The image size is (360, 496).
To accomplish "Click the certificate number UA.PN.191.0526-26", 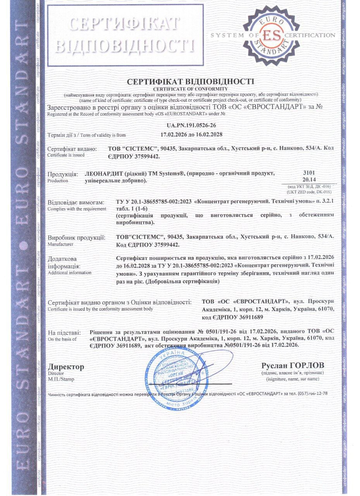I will click(x=191, y=126).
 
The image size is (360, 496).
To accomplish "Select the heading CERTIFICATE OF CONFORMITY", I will click(x=190, y=89).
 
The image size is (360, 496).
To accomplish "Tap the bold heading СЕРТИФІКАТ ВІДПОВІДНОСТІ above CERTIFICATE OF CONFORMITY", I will click(x=190, y=82).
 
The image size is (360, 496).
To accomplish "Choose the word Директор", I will click(x=65, y=367).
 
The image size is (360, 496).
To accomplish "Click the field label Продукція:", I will click(x=62, y=174).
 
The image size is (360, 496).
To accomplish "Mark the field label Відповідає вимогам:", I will click(x=76, y=202).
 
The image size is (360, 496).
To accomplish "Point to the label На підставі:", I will click(x=64, y=332).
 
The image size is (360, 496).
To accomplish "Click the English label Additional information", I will click(x=69, y=273).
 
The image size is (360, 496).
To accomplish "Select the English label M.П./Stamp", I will click(x=60, y=379).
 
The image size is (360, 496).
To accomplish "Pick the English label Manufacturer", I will click(x=60, y=245).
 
